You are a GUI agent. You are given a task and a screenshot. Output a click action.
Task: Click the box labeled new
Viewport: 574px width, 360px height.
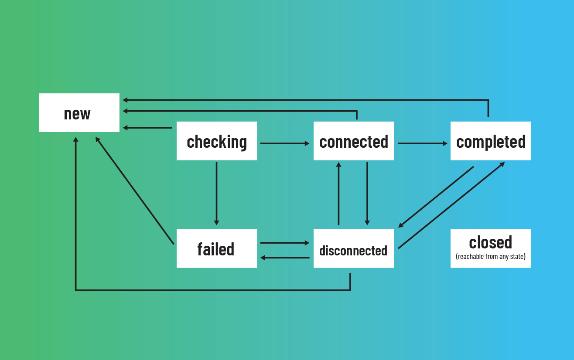click(x=79, y=113)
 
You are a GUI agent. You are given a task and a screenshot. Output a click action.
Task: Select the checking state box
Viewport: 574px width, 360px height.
click(x=217, y=141)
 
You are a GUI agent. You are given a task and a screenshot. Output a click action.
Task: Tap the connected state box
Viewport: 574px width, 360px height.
click(x=354, y=141)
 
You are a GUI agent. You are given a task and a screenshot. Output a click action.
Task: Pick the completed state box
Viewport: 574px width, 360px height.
click(x=491, y=141)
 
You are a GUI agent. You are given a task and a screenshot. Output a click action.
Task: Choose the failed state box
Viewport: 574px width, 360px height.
click(x=217, y=248)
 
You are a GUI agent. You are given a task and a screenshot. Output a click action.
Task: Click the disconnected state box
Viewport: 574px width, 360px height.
click(x=354, y=248)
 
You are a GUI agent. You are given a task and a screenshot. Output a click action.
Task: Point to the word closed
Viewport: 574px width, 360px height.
click(x=491, y=242)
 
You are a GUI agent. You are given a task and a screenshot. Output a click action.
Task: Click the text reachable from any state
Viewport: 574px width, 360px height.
click(x=491, y=257)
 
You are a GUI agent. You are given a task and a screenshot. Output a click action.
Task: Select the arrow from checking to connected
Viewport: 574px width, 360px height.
click(x=284, y=143)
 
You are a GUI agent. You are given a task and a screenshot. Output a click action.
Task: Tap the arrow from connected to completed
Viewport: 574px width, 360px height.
click(x=422, y=143)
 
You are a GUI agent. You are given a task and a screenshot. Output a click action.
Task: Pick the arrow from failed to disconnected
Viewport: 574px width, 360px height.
click(x=284, y=243)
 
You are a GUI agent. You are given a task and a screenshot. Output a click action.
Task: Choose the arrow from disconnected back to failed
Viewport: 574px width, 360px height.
click(x=284, y=258)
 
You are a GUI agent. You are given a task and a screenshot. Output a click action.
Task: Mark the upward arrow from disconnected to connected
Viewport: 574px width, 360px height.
click(x=338, y=194)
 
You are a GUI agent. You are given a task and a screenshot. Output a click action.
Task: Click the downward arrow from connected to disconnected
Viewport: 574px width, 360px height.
click(x=367, y=194)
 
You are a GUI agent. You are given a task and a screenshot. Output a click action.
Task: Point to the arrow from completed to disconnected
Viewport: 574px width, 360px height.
click(x=436, y=197)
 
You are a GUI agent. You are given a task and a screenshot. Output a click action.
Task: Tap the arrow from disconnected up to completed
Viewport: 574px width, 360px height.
click(x=451, y=205)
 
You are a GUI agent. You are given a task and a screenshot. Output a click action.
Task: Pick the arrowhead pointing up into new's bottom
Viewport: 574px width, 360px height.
click(x=76, y=140)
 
